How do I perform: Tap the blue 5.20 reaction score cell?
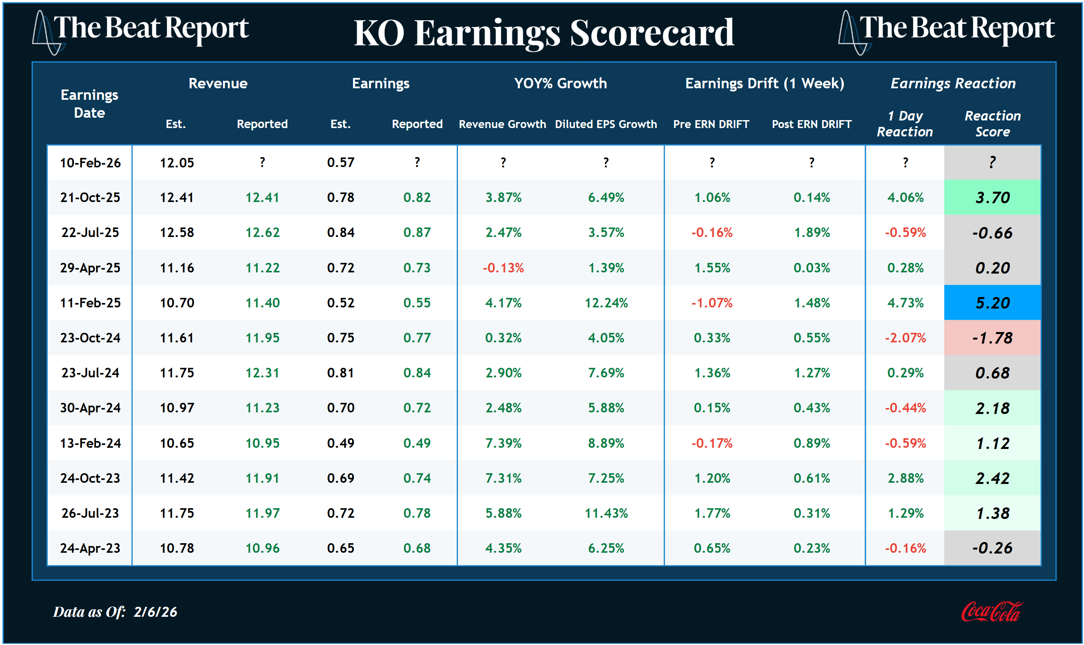pos(992,303)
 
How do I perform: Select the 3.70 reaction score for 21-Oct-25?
pos(992,197)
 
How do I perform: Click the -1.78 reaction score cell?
pos(992,338)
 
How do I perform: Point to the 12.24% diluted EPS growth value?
pos(606,303)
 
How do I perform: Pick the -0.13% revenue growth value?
pos(503,268)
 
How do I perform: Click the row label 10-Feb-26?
pos(90,163)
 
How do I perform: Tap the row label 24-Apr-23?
pos(90,548)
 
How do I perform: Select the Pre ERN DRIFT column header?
pos(711,124)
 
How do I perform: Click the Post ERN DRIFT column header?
pos(811,124)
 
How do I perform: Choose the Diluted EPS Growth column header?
pos(606,124)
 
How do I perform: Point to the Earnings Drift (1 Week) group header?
pos(764,83)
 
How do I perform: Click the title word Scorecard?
pos(652,33)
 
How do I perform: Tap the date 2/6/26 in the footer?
pos(155,612)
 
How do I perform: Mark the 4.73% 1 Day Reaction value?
pos(905,303)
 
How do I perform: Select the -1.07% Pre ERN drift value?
pos(712,303)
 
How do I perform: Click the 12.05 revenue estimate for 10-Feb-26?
pos(176,163)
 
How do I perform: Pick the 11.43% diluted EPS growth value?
pos(606,513)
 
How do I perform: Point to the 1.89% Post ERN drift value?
pos(811,233)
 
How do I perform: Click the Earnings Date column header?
pos(89,103)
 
